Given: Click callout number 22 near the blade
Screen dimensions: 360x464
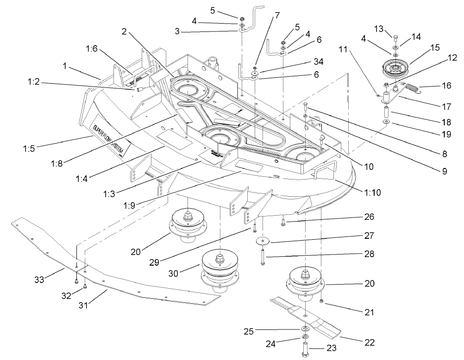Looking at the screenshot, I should point(370,342).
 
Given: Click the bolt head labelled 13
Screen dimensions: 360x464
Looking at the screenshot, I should point(395,38).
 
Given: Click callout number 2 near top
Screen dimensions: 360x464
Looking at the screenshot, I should point(124,31).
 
